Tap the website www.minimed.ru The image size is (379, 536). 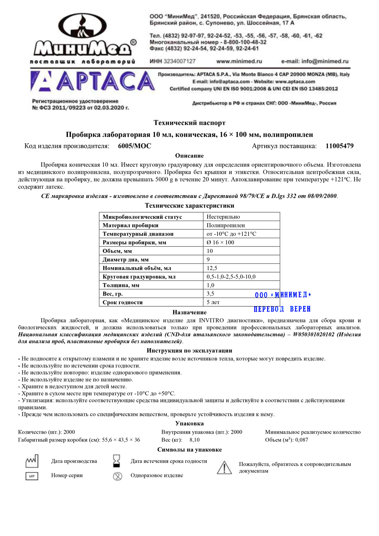[239, 61]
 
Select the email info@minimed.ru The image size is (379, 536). [315, 61]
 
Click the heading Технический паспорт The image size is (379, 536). [189, 123]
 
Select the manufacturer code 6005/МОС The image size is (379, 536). [135, 146]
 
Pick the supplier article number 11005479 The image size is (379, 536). [339, 146]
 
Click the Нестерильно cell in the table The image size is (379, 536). [223, 217]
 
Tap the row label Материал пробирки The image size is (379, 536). [130, 226]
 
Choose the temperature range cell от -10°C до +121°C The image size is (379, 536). [231, 234]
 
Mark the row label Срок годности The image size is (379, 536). [122, 302]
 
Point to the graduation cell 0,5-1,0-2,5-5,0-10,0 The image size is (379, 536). [231, 277]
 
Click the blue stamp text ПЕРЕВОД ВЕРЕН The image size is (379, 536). [282, 309]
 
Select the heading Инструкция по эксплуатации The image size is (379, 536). [189, 351]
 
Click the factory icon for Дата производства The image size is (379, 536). [32, 461]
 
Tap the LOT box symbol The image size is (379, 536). [32, 476]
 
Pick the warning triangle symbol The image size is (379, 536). [224, 468]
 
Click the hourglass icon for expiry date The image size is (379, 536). [116, 461]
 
